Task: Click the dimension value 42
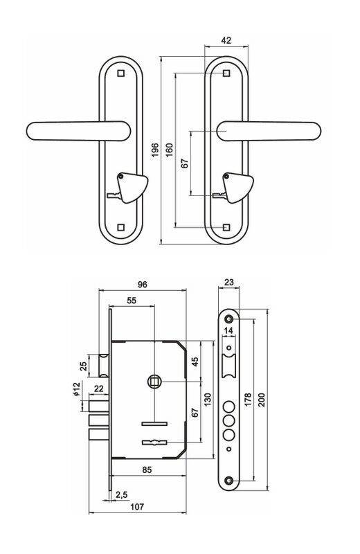[x=226, y=40]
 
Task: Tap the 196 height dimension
[x=155, y=150]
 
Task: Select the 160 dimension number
[x=169, y=150]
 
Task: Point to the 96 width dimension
[x=143, y=285]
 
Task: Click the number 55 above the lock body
[x=132, y=301]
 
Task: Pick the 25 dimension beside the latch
[x=84, y=366]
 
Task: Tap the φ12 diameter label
[x=77, y=389]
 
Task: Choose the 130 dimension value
[x=208, y=400]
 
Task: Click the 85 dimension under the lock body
[x=147, y=470]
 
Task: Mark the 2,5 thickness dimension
[x=121, y=495]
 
